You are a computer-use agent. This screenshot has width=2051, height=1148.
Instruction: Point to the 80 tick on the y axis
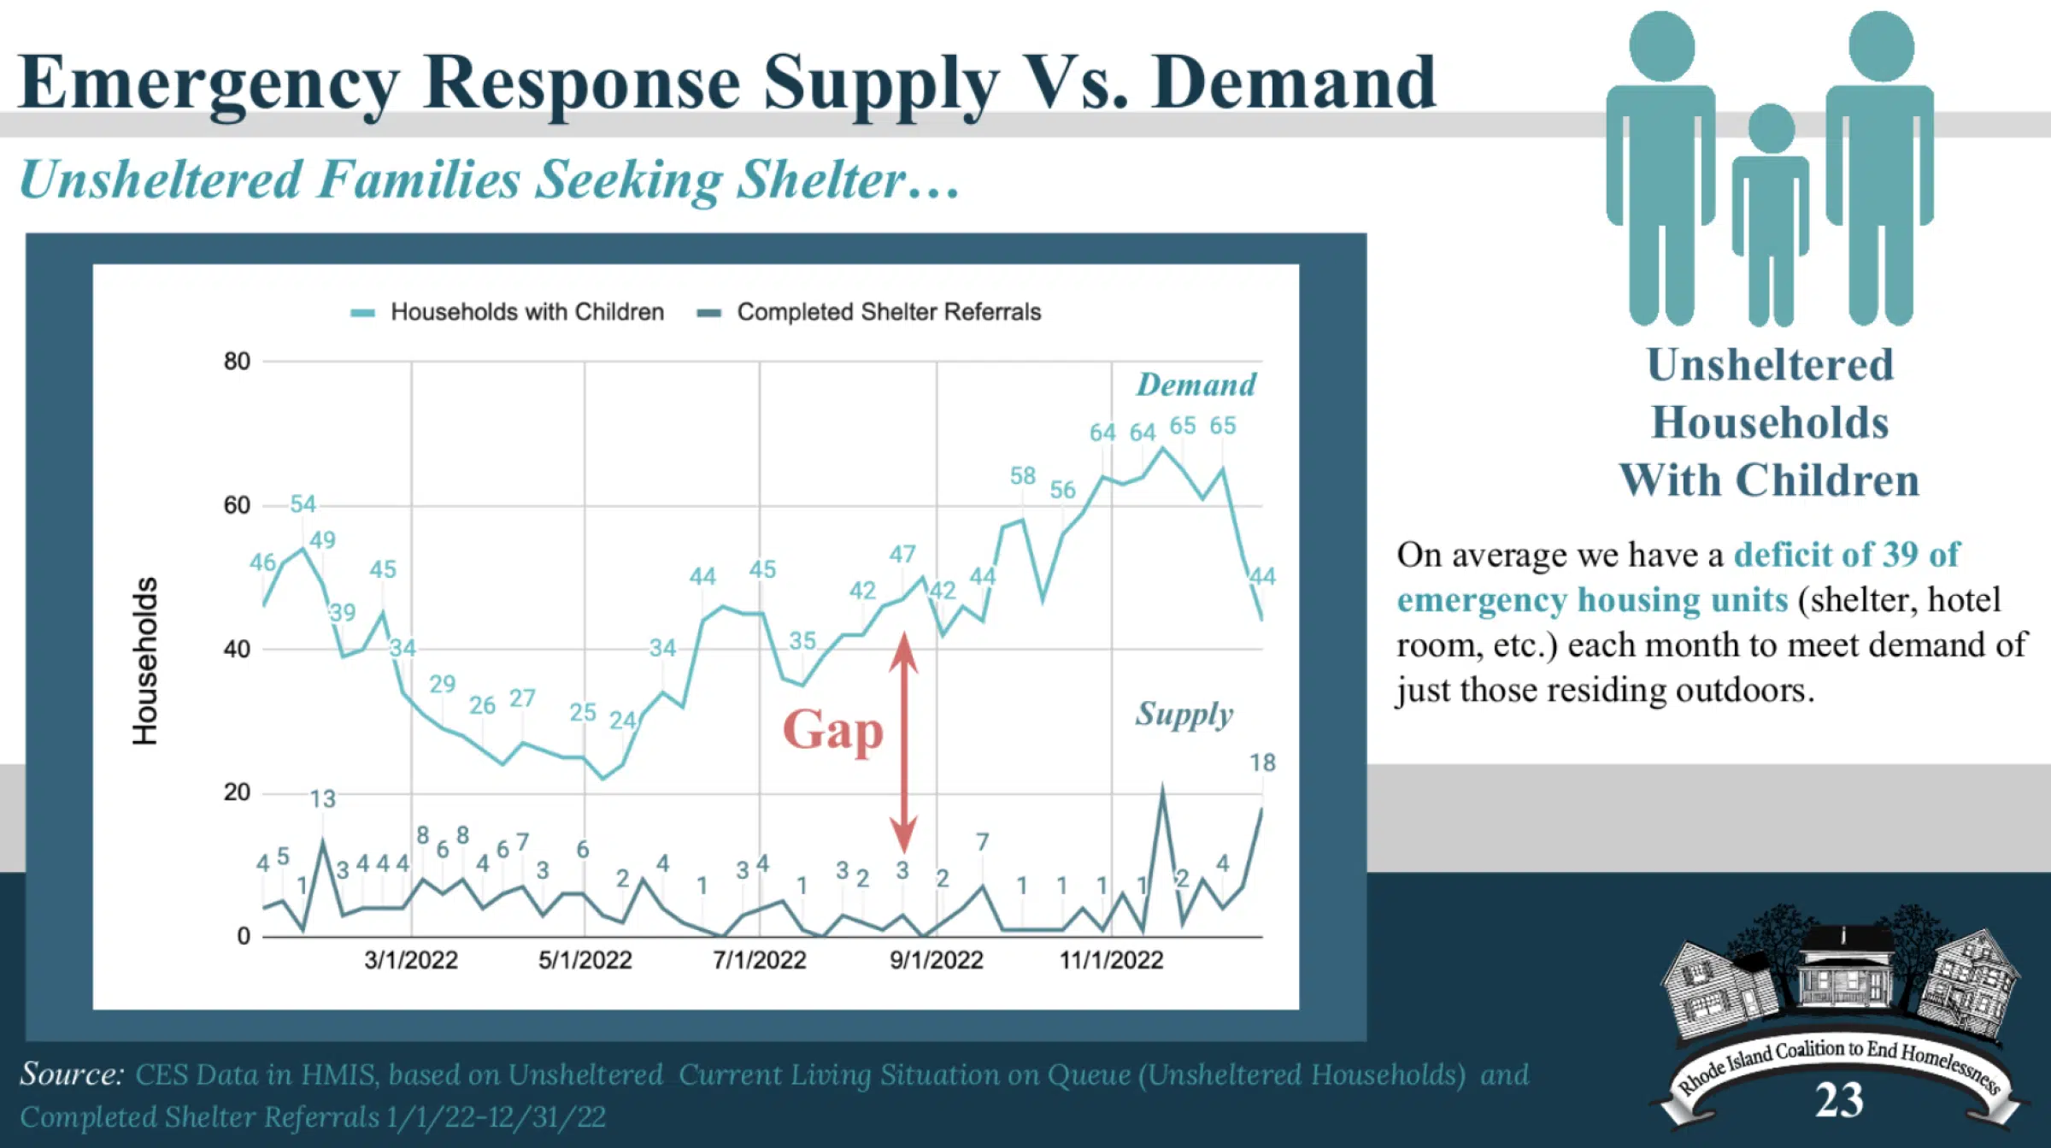click(238, 362)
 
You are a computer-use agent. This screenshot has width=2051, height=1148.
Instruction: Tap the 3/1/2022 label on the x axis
click(411, 960)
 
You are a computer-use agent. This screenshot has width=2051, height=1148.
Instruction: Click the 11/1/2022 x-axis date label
click(1111, 960)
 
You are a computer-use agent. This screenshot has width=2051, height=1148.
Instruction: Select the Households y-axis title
click(145, 661)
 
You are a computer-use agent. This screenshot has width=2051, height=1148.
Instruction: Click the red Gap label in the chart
click(833, 731)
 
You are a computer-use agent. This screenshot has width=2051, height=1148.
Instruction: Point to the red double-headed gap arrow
click(903, 742)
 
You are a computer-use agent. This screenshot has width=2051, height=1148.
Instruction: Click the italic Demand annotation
click(1196, 385)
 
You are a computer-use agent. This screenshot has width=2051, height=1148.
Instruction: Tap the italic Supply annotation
click(1184, 714)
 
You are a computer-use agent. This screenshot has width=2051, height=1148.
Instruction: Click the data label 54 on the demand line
click(303, 504)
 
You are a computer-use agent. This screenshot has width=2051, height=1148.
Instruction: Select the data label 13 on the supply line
click(322, 799)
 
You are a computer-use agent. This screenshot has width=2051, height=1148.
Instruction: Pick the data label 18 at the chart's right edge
click(1262, 762)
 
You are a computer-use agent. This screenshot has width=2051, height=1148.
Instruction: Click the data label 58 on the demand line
click(1023, 476)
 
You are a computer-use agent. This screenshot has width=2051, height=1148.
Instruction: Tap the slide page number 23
click(1839, 1100)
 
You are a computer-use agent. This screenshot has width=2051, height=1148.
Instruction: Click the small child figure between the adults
click(1771, 214)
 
